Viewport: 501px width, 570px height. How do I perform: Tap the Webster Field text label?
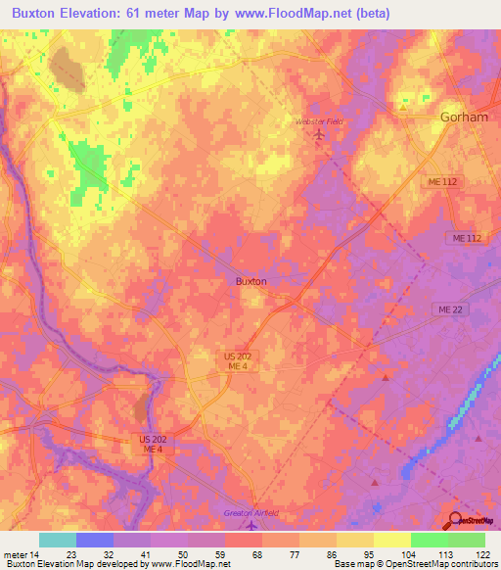pyautogui.click(x=320, y=121)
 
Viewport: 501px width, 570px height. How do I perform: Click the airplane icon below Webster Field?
pyautogui.click(x=319, y=134)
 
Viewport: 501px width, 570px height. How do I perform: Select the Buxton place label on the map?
pyautogui.click(x=251, y=281)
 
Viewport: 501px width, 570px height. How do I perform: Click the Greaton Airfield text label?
pyautogui.click(x=251, y=513)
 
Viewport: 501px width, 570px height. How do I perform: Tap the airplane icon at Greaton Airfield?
pyautogui.click(x=251, y=527)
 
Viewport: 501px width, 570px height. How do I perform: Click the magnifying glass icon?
pyautogui.click(x=457, y=521)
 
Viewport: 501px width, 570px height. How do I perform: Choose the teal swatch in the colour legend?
pyautogui.click(x=58, y=540)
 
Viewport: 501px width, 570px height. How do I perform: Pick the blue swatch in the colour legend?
pyautogui.click(x=95, y=540)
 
